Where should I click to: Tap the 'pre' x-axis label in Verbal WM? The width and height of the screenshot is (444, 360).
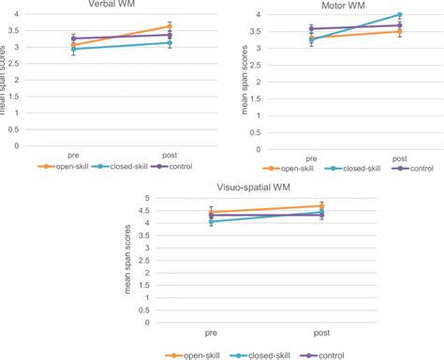coord(73,154)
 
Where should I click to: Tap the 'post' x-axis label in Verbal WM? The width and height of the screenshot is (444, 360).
coord(170,154)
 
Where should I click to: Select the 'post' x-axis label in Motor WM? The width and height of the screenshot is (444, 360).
coord(399,157)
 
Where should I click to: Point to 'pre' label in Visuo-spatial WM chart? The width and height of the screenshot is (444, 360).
coord(212,332)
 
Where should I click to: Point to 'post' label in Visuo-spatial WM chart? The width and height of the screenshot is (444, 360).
coord(321,332)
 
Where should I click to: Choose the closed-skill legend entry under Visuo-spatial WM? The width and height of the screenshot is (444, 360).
coord(267,354)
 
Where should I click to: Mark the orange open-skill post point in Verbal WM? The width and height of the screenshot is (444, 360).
coord(170,26)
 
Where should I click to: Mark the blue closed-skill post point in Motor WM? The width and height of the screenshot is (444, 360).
coord(399,15)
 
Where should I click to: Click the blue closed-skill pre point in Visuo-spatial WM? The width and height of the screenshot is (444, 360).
coord(212,222)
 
